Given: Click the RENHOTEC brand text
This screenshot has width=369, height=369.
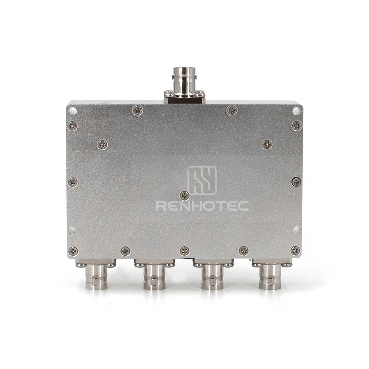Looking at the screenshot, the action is click(202, 206).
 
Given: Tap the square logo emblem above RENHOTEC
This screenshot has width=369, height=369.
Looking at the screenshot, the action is click(202, 180).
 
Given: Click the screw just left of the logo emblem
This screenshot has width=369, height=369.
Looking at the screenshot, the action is click(184, 196).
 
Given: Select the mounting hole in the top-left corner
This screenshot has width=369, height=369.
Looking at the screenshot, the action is click(72, 111).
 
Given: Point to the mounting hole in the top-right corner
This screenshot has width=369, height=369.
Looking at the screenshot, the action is click(297, 111).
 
